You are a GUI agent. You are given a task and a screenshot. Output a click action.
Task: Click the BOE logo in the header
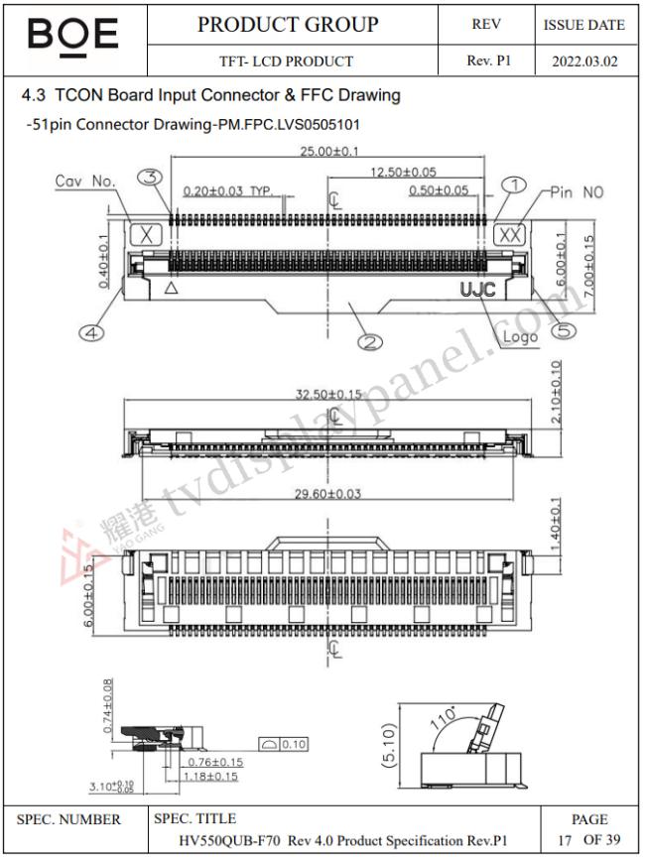(73, 37)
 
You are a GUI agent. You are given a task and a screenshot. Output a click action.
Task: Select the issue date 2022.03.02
(584, 61)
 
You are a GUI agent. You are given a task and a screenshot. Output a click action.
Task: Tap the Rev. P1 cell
(488, 61)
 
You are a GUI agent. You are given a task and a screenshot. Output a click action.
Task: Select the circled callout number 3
(150, 178)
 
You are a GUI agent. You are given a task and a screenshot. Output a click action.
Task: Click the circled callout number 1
(513, 184)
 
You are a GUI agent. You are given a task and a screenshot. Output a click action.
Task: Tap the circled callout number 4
(91, 334)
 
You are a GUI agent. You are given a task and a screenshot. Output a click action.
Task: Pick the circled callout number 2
(370, 342)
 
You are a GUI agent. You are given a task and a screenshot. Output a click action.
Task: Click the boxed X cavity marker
(147, 235)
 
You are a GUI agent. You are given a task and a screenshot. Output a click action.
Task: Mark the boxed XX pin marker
(510, 235)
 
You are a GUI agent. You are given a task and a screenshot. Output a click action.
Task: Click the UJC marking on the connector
(478, 290)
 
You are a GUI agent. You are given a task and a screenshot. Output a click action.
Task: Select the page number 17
(565, 840)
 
